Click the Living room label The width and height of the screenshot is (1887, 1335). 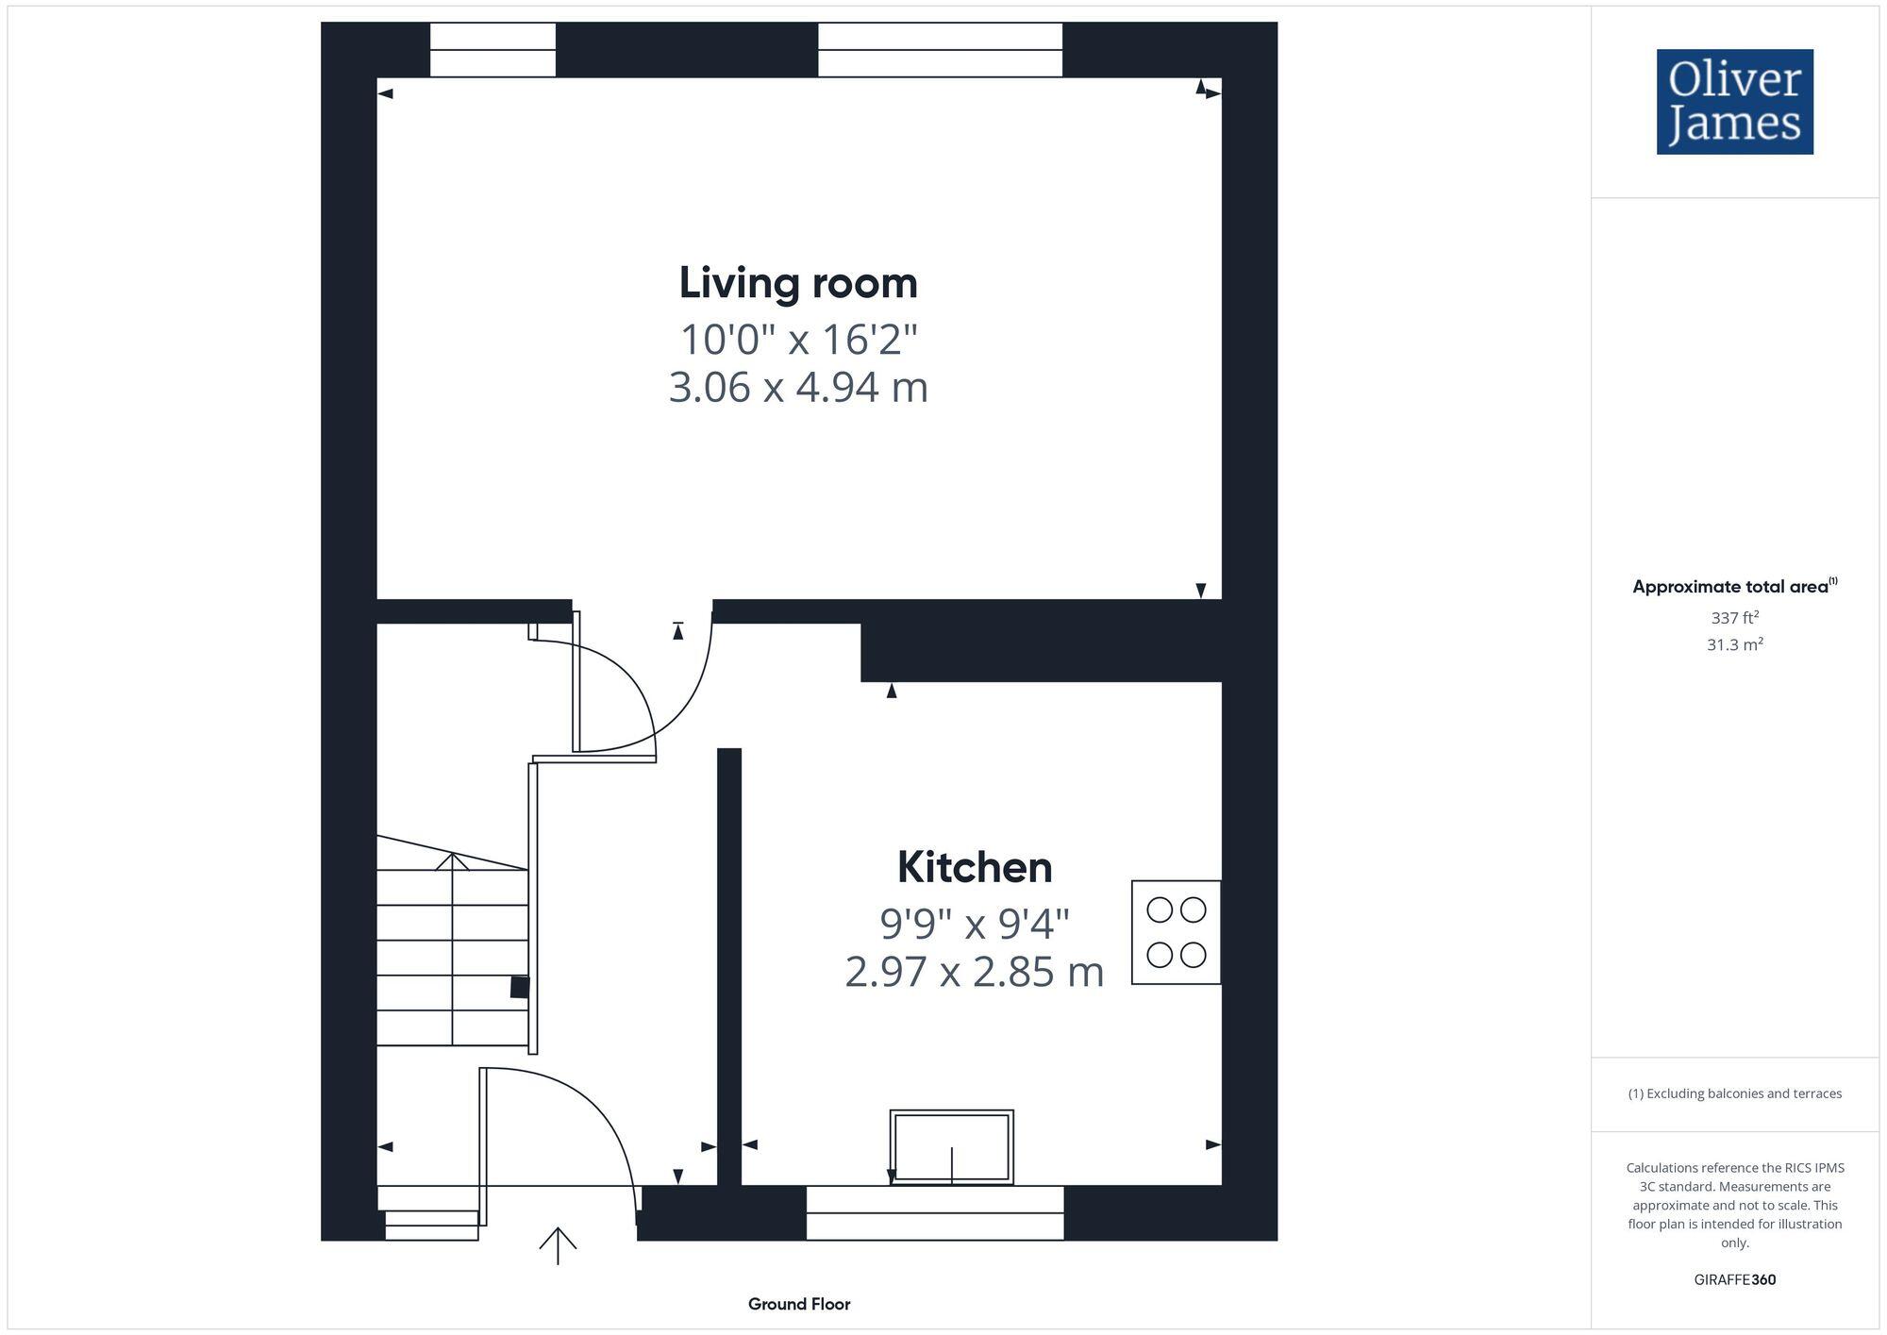(x=798, y=283)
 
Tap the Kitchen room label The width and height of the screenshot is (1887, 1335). (x=974, y=867)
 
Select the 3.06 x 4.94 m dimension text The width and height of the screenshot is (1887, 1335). (x=798, y=388)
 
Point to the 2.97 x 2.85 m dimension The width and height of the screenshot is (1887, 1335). (x=974, y=972)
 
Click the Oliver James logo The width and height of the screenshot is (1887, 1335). (x=1734, y=102)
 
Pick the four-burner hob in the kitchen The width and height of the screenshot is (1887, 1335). (x=1176, y=932)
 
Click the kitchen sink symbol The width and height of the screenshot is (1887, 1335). (x=951, y=1146)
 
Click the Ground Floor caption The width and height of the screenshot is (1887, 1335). (x=799, y=1304)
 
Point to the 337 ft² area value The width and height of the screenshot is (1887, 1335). (x=1734, y=618)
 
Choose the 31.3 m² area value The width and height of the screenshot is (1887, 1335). (x=1734, y=644)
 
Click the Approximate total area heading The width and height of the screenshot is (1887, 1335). (x=1734, y=586)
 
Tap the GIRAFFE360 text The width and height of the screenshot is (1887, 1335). (x=1734, y=1279)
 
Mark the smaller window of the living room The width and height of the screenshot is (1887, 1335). (x=493, y=50)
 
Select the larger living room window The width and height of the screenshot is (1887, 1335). (x=940, y=50)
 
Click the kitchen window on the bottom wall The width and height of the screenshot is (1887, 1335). (x=934, y=1212)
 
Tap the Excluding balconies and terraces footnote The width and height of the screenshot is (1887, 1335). (x=1734, y=1093)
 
